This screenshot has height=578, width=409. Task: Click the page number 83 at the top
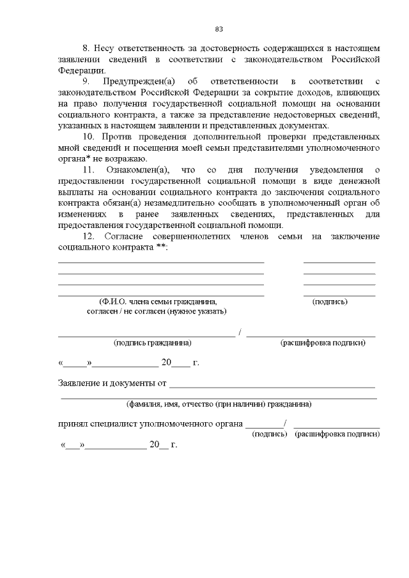[219, 29]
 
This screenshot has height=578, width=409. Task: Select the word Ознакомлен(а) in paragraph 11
[135, 170]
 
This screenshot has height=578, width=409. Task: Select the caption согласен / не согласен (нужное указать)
[157, 312]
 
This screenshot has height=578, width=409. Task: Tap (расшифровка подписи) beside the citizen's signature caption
[323, 343]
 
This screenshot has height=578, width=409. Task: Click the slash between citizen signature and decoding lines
[240, 332]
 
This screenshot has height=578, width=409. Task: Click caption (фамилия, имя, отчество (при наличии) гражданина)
[219, 404]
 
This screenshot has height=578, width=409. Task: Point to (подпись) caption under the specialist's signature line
[270, 434]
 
